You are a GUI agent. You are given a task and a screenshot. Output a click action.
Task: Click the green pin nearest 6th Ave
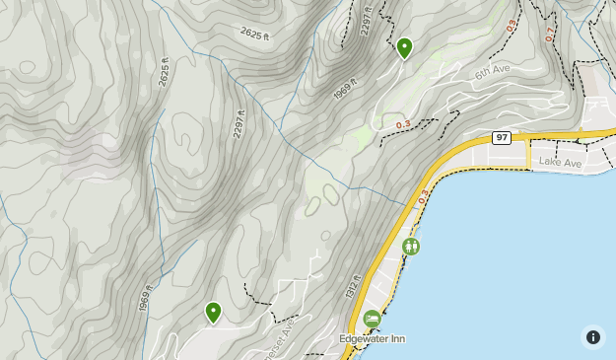pyautogui.click(x=404, y=47)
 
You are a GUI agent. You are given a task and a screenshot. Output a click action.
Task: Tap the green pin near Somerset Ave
pyautogui.click(x=213, y=313)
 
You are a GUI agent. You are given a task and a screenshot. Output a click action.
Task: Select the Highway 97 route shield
pyautogui.click(x=502, y=137)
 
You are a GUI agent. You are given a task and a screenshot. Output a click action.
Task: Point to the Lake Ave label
pyautogui.click(x=562, y=161)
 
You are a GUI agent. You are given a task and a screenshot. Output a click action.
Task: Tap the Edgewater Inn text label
pyautogui.click(x=372, y=338)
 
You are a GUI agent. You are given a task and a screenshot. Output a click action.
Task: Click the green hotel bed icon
pyautogui.click(x=372, y=319)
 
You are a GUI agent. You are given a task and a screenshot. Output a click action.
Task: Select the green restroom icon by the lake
pyautogui.click(x=411, y=246)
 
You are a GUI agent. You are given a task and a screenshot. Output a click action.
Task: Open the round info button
pyautogui.click(x=592, y=336)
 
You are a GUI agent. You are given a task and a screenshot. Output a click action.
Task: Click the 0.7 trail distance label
pyautogui.click(x=549, y=33)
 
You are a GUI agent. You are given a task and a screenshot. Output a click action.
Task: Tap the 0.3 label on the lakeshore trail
pyautogui.click(x=424, y=197)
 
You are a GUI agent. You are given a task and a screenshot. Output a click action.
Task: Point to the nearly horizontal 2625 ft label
pyautogui.click(x=254, y=34)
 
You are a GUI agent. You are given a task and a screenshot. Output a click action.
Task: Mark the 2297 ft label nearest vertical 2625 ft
pyautogui.click(x=238, y=122)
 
